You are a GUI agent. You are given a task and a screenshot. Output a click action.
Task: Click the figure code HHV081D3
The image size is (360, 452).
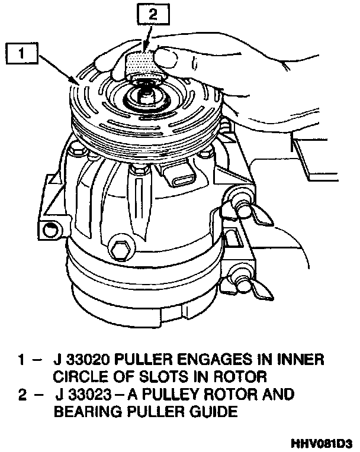click(x=322, y=443)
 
